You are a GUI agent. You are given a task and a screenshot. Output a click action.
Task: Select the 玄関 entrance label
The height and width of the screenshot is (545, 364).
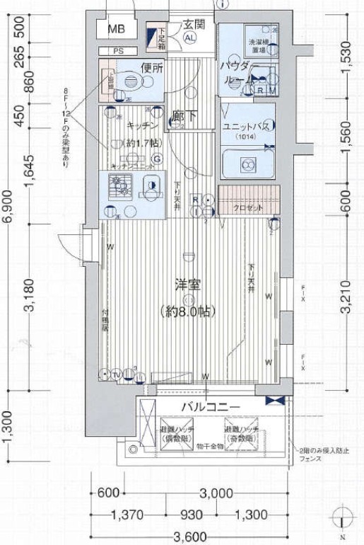pyautogui.click(x=194, y=24)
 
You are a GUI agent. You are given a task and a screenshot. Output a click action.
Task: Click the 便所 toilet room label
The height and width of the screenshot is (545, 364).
pyautogui.click(x=151, y=69)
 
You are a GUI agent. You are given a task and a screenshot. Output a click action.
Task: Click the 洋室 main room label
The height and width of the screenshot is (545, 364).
pyautogui.click(x=188, y=286)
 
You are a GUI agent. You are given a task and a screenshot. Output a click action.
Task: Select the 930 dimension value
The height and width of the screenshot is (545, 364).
pyautogui.click(x=192, y=515)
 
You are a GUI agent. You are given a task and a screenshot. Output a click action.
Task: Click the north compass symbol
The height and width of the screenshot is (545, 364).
pyautogui.click(x=341, y=516)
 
